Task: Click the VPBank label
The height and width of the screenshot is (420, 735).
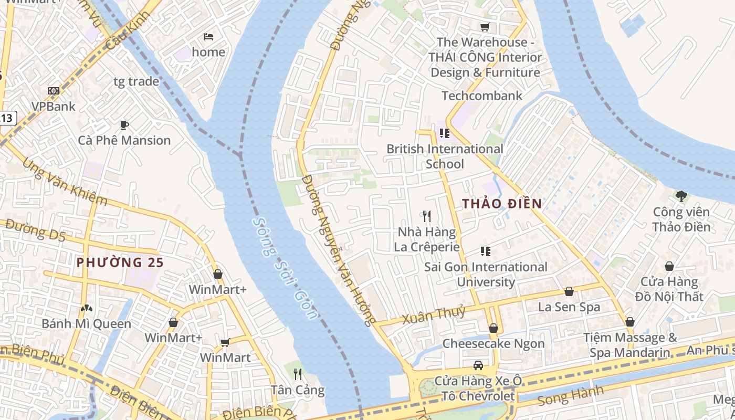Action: coord(53,107)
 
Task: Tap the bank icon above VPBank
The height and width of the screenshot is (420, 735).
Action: coord(54,91)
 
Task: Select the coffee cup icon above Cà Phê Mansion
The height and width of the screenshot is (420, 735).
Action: coord(124,125)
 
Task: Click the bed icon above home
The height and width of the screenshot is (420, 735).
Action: coord(208,37)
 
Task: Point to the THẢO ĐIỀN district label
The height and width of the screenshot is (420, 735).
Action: coord(502,204)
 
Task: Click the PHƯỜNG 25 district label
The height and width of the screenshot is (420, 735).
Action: coord(120,262)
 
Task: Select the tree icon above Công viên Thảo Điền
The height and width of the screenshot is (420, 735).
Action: coord(681,196)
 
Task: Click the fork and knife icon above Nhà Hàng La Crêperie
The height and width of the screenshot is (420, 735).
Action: coord(427,216)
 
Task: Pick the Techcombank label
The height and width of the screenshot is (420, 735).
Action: coord(482,96)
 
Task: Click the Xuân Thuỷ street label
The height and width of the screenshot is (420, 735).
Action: coord(434,314)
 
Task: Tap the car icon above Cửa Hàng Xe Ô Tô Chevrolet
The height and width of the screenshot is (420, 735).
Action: coord(478,365)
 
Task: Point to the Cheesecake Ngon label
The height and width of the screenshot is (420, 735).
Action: coord(493,343)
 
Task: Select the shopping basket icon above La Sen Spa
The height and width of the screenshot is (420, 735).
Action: coord(569,291)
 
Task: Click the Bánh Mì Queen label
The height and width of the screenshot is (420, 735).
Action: coord(86,323)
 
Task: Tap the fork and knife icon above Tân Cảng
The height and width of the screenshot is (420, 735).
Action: coord(298,374)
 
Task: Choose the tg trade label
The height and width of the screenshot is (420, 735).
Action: coord(136,81)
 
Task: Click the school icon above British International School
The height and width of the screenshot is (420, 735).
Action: coord(445,133)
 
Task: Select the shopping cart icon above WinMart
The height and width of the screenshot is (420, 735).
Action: coord(225,342)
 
